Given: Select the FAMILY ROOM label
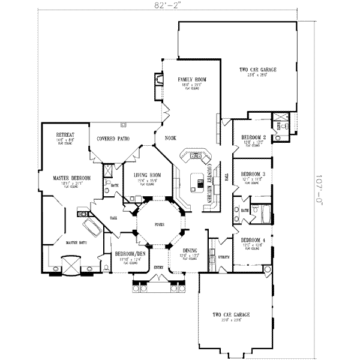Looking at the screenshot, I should [x=192, y=80].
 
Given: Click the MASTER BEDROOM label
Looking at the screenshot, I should [x=71, y=178].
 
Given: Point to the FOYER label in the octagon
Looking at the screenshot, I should [x=158, y=224].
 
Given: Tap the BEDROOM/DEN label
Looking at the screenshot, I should [x=131, y=254].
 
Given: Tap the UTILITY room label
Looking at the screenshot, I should [x=224, y=256].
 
